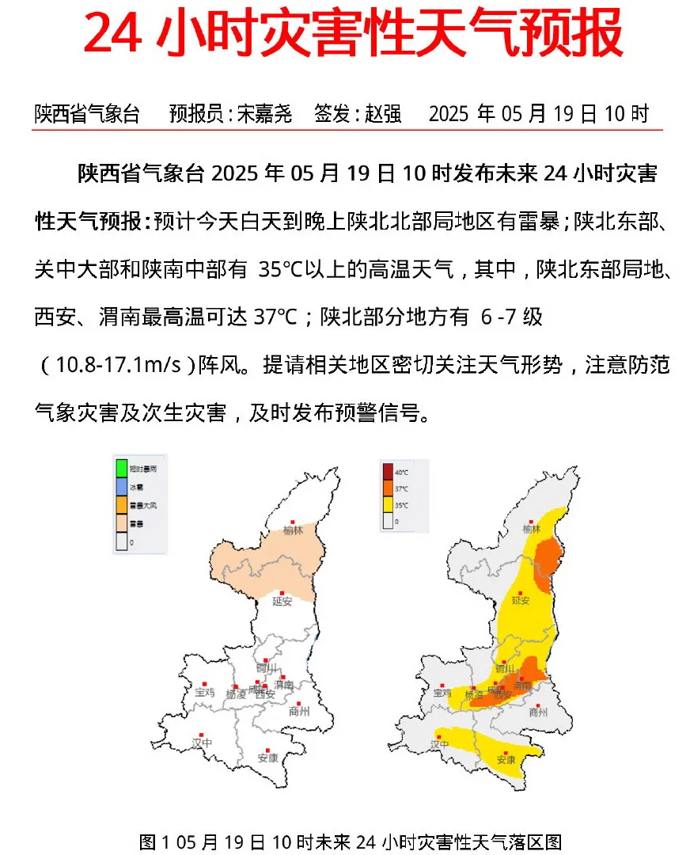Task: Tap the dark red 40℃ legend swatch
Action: pos(388,473)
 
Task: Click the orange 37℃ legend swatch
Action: pos(388,489)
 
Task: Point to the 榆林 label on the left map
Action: pos(294,530)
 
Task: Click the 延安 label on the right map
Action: pos(520,601)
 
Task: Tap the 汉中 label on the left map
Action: pos(203,744)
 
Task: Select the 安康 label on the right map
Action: pos(506,760)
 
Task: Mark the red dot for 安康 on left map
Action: pos(267,748)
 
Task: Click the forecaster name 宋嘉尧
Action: pos(264,114)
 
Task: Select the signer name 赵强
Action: pos(383,114)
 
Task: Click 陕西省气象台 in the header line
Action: pos(87,114)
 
